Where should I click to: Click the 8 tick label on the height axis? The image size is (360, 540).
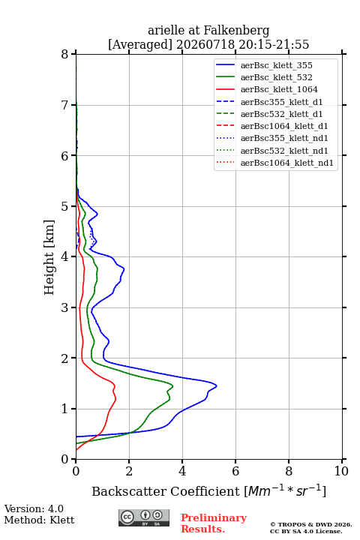[x=65, y=54]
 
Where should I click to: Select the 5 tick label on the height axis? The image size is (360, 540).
[x=65, y=206]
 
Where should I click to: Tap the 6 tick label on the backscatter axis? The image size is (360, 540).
[x=235, y=471]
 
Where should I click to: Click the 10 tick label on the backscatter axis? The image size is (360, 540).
[x=341, y=471]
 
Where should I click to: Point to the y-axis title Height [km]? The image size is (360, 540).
[x=49, y=257]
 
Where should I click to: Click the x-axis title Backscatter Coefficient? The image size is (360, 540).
[x=166, y=491]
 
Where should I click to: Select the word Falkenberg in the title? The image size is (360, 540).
[x=237, y=31]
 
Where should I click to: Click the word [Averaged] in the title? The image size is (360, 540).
[x=140, y=44]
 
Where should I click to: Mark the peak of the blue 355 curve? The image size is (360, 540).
[x=217, y=386]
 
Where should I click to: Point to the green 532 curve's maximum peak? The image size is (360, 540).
[x=172, y=386]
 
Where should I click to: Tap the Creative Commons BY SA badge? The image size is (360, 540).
[x=144, y=518]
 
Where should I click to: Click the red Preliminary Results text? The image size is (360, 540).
[x=214, y=523]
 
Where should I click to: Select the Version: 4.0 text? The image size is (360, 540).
[x=34, y=508]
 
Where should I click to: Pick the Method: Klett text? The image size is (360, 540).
[x=39, y=520]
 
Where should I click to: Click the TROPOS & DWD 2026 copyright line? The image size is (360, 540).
[x=311, y=524]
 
